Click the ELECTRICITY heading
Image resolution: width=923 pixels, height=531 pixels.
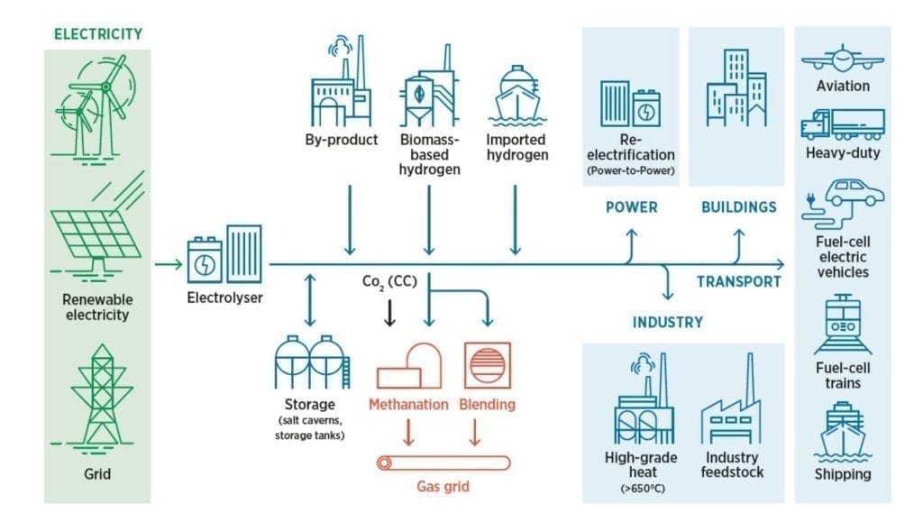click(x=98, y=34)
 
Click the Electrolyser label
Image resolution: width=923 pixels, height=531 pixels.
click(x=225, y=296)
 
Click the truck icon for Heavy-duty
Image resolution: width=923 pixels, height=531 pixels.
click(x=843, y=124)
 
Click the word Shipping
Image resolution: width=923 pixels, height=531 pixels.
click(x=843, y=473)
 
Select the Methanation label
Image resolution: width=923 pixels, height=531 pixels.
click(x=408, y=404)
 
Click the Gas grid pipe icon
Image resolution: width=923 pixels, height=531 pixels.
click(x=443, y=463)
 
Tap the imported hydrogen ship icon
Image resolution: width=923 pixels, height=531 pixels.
click(x=516, y=96)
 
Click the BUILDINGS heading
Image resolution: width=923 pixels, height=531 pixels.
click(x=738, y=207)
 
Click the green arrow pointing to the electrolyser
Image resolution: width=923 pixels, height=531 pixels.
click(x=168, y=264)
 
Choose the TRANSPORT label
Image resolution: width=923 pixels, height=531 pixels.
click(x=738, y=281)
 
